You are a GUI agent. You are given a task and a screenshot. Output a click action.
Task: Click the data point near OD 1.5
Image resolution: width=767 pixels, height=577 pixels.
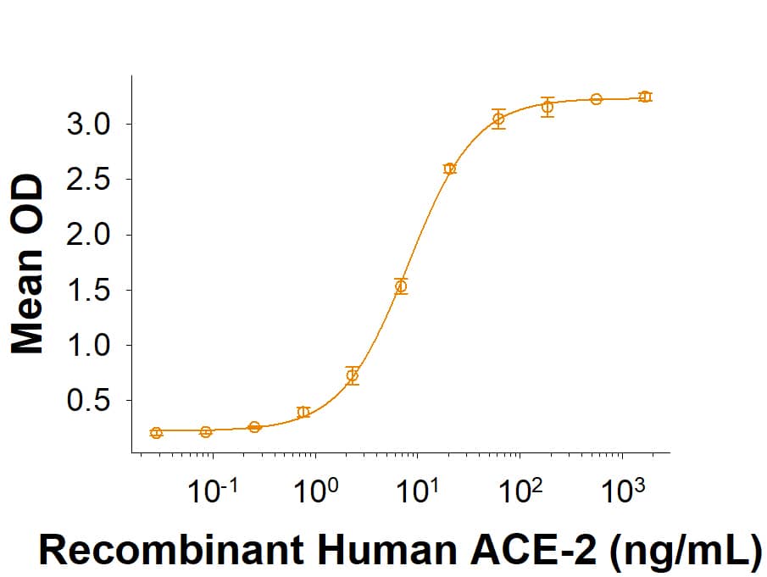pyautogui.click(x=401, y=286)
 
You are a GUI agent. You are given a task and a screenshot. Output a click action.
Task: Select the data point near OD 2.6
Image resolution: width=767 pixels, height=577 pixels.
pyautogui.click(x=449, y=169)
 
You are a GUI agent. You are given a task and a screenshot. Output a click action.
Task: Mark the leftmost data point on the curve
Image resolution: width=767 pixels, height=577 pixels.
pyautogui.click(x=156, y=433)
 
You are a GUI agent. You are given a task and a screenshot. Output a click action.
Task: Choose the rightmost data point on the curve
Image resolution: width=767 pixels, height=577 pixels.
pyautogui.click(x=645, y=97)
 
